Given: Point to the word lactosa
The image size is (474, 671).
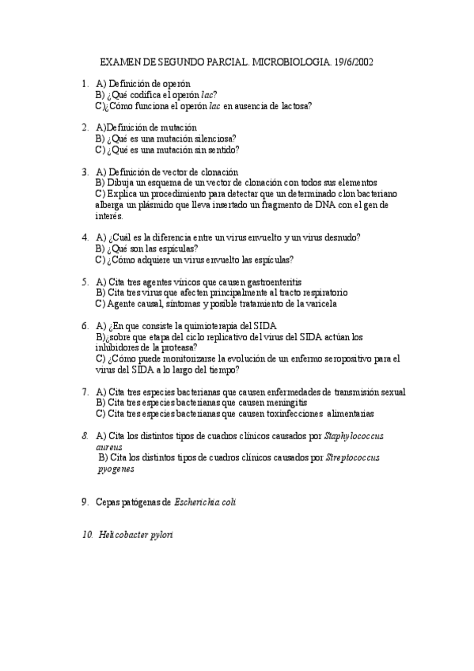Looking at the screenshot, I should click(293, 105).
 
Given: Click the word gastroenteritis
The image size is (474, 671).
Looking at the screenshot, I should click(264, 282).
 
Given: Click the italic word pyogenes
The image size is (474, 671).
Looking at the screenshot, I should click(116, 468).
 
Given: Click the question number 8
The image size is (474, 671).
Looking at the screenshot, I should click(85, 435).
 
